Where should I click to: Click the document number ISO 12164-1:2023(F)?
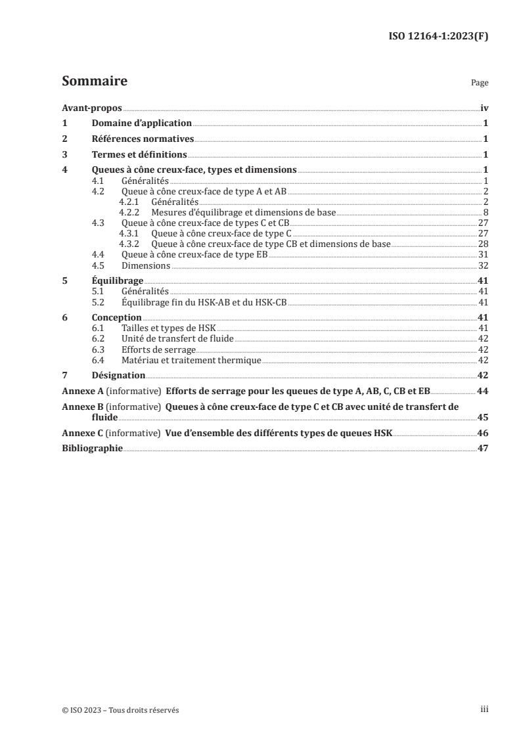coord(440,36)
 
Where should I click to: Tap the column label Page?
coord(480,83)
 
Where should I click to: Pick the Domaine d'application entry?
coord(141,123)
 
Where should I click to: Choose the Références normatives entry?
coord(143,139)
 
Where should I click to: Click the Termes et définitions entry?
coord(139,155)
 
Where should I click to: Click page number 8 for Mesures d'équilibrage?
coord(485,213)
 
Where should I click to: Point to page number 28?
coord(482,244)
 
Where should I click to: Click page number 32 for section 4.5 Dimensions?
coord(482,266)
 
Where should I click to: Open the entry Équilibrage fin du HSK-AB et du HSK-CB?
coord(205,303)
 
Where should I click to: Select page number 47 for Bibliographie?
coord(482,449)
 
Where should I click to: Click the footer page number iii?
coord(484,710)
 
